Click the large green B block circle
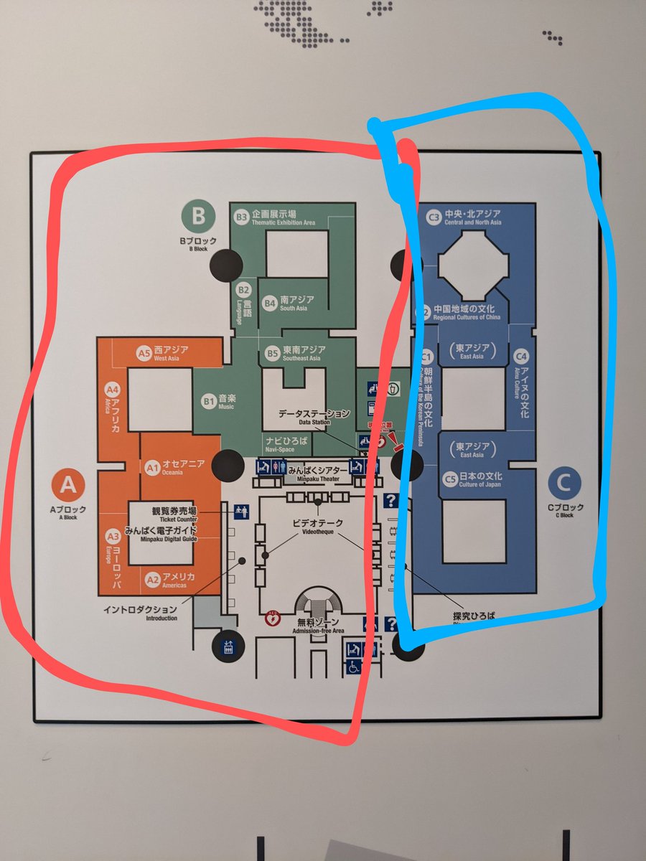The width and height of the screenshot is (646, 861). point(198,216)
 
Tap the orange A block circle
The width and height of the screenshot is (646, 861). point(67,486)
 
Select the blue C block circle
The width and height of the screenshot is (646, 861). point(563,484)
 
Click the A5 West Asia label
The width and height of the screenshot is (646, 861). point(164,352)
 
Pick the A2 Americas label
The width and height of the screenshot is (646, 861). point(169,580)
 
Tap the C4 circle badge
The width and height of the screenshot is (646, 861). point(521,356)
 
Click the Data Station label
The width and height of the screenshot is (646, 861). point(313,416)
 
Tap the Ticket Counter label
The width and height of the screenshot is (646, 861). point(174,514)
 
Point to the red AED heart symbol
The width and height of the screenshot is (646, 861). point(273,615)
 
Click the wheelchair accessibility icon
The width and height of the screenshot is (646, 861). point(353,667)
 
